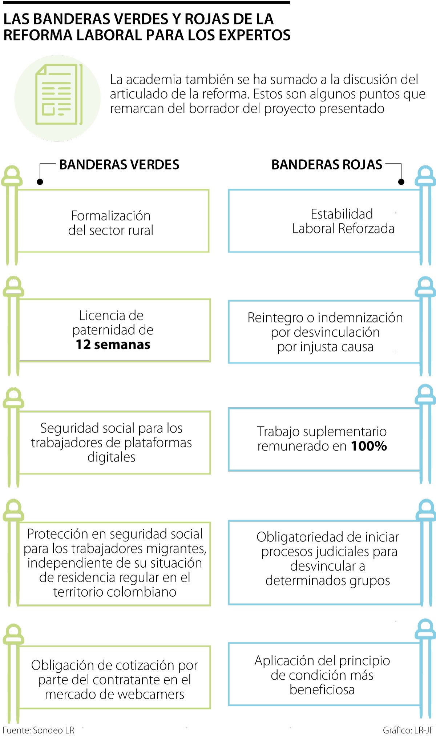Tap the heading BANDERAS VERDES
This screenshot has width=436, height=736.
[119, 165]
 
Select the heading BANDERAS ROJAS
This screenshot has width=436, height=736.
[327, 165]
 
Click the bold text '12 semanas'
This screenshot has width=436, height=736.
[113, 345]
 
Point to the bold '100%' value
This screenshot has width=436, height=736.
[368, 446]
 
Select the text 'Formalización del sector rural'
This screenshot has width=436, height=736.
[111, 223]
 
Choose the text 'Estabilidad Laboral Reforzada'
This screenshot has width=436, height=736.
[343, 221]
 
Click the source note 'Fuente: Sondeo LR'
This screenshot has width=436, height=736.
[39, 730]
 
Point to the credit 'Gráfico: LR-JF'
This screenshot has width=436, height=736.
[408, 730]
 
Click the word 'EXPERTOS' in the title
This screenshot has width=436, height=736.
[254, 35]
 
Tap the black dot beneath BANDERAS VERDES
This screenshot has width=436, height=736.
[40, 181]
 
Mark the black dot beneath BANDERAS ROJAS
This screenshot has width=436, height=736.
[401, 181]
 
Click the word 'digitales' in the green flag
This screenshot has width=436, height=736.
[111, 457]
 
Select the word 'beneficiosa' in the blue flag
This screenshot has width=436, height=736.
[322, 690]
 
